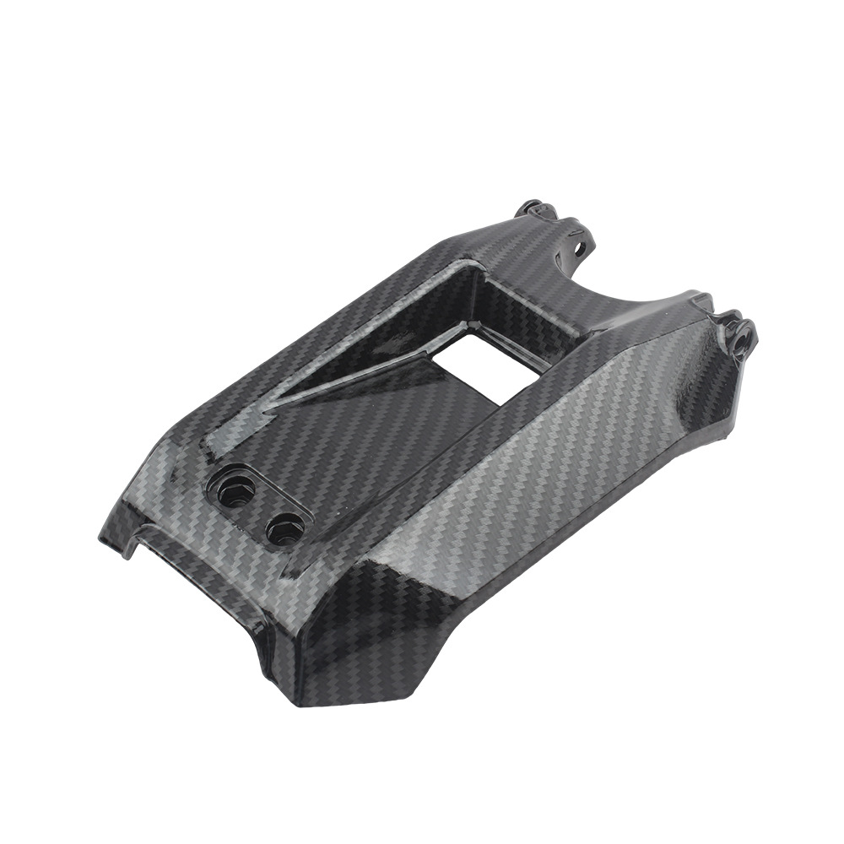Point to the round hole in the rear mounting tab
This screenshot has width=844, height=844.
pyautogui.click(x=580, y=249)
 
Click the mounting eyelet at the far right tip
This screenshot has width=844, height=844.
pyautogui.click(x=743, y=336)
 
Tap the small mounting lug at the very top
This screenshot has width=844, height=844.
pyautogui.click(x=531, y=207)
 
